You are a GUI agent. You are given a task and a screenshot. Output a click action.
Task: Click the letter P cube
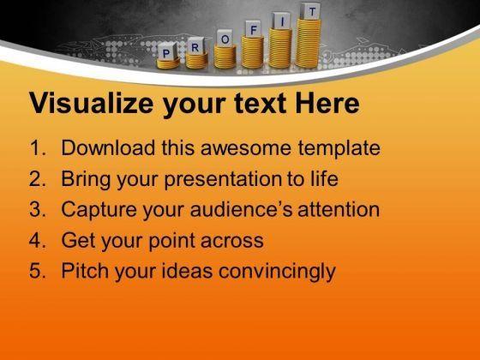pos(167,51)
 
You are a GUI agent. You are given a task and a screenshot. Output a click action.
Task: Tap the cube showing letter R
pos(195,46)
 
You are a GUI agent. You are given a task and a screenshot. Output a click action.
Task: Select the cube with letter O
pos(225,38)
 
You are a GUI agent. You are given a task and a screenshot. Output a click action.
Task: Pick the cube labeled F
pos(253,29)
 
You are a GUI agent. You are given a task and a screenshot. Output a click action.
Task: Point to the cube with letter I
pos(281,21)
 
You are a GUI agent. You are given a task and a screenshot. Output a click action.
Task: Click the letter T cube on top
pos(310,11)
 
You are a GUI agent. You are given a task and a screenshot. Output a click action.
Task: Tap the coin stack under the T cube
pos(309,43)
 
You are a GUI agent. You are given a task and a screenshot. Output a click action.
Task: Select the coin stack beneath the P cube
pos(168,63)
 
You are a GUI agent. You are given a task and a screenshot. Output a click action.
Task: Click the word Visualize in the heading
pos(91,103)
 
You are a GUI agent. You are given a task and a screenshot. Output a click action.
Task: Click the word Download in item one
pos(108,147)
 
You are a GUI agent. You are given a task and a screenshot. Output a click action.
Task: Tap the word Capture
pos(99,210)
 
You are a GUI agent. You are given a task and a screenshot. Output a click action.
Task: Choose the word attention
pos(339,209)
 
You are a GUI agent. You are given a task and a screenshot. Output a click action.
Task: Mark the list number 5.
pos(38,271)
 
